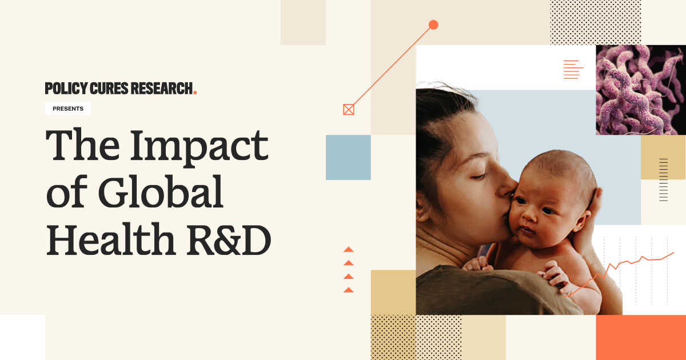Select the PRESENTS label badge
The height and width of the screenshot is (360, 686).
pos(68,109)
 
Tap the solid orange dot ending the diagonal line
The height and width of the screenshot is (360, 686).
pos(433,25)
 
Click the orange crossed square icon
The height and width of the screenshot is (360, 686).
pos(349,109)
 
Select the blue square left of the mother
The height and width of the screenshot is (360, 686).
pos(348,157)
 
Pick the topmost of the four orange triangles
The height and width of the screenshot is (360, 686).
pos(348,250)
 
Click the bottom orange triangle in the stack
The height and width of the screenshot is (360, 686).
pos(348,290)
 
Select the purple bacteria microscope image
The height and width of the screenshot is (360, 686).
pos(641,90)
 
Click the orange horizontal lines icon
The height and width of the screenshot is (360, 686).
pos(573,69)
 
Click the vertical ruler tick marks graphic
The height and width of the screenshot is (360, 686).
pos(663,179)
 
